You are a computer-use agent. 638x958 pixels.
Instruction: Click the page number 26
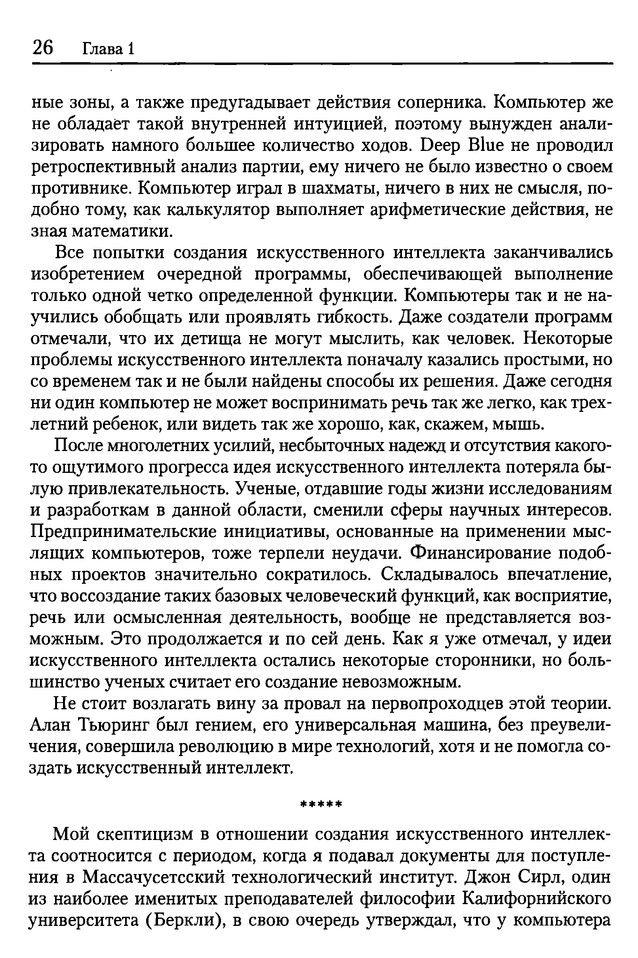click(x=43, y=48)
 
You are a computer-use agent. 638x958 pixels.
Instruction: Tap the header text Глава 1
click(x=108, y=49)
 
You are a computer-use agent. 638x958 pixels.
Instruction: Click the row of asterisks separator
click(x=321, y=804)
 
